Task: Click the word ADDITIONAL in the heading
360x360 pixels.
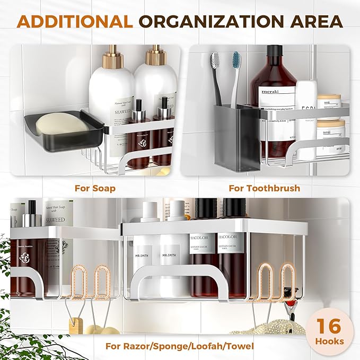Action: point(76,22)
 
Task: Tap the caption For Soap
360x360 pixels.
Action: point(95,188)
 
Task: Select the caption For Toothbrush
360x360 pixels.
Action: point(264,188)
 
